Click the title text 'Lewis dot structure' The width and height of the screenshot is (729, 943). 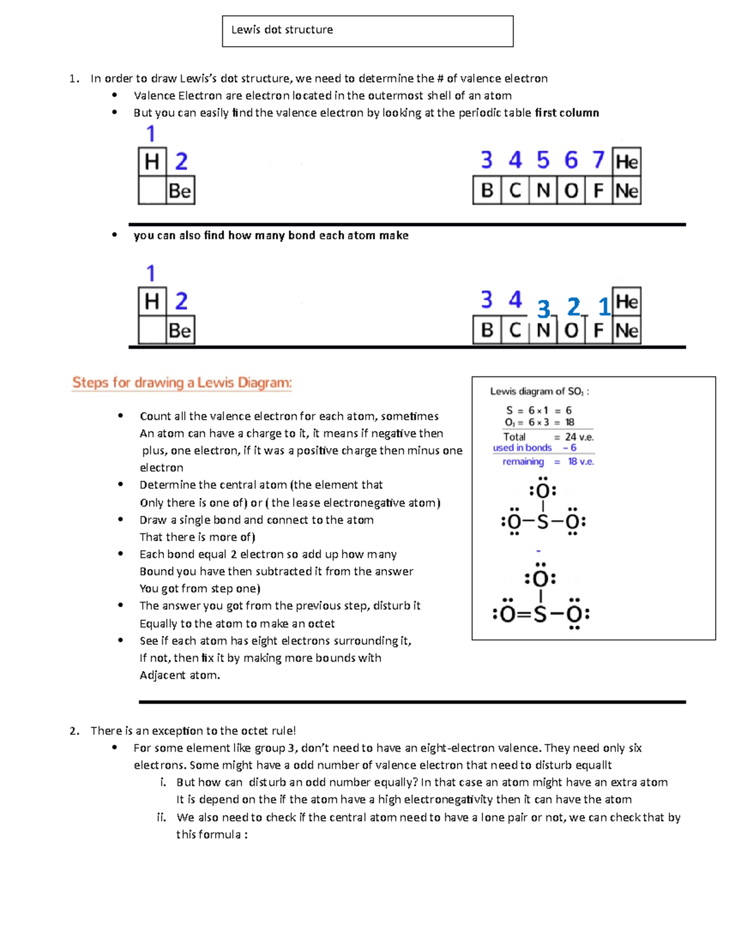coord(282,30)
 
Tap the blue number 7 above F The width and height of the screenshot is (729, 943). coord(598,160)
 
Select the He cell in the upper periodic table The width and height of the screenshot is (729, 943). coord(626,162)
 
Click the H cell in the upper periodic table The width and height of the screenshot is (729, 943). coord(152,162)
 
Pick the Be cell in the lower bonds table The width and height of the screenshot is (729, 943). coord(180,330)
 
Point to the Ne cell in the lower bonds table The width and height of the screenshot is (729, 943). coord(626,330)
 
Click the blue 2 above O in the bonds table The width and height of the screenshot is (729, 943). coord(573,307)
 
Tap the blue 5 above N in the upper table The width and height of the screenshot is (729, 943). coord(542,160)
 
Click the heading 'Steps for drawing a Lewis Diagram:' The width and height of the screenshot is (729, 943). coord(182,383)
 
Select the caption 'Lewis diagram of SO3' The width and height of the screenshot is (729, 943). coord(538,392)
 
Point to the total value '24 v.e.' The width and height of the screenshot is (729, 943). coord(579,437)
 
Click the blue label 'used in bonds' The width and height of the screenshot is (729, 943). coord(522,448)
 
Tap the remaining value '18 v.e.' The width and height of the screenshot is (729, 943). coord(580,461)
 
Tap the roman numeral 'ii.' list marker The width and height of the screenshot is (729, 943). coord(161,817)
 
